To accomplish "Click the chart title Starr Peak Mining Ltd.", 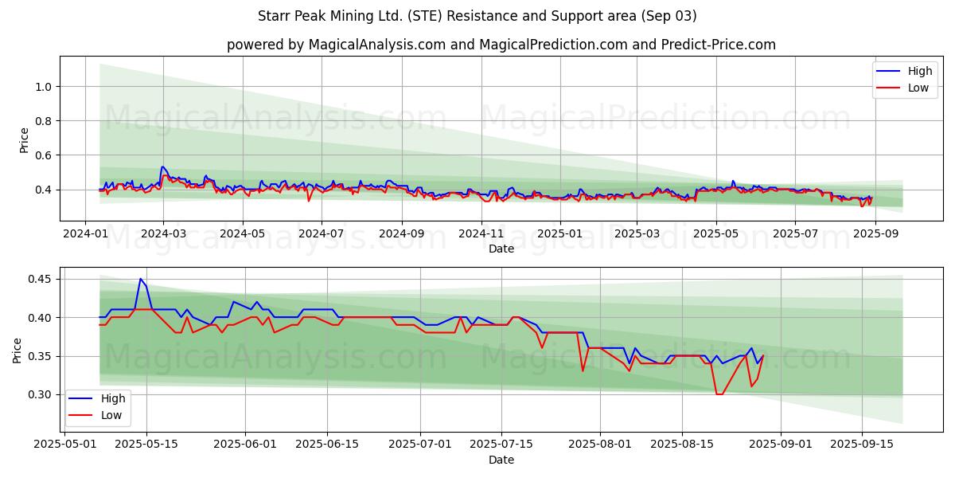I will [x=477, y=16].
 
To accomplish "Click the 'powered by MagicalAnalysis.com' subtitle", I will [x=501, y=45].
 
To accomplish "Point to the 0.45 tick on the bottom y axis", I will [x=40, y=279].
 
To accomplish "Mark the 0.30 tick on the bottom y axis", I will [x=40, y=394].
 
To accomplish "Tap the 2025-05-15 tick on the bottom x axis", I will [x=146, y=444].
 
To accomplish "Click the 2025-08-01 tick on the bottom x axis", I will [x=601, y=444].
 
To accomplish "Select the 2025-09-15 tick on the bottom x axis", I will [x=862, y=444].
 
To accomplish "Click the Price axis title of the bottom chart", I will [x=18, y=351].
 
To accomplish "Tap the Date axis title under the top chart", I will [x=501, y=249].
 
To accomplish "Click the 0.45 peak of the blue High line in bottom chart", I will [x=140, y=279].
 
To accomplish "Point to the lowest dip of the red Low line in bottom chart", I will [x=719, y=394].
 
